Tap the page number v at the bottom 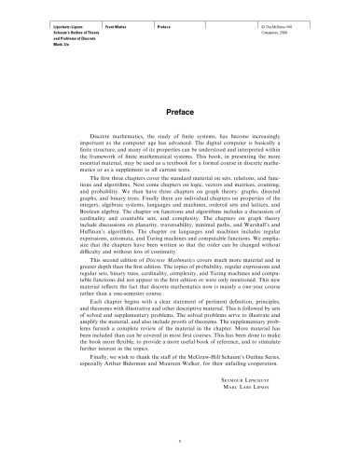coord(179,442)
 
